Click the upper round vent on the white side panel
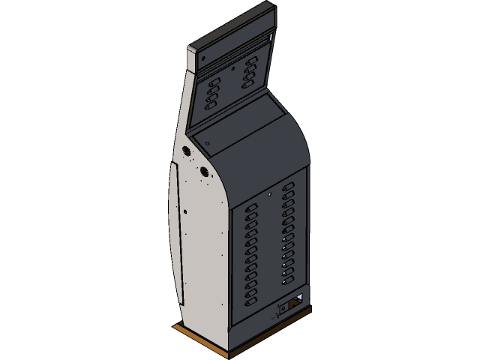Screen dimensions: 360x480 pyautogui.click(x=187, y=151)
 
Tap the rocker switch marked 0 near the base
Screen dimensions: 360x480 pyautogui.click(x=283, y=307)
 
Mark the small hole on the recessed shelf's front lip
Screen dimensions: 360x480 pyautogui.click(x=206, y=142)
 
